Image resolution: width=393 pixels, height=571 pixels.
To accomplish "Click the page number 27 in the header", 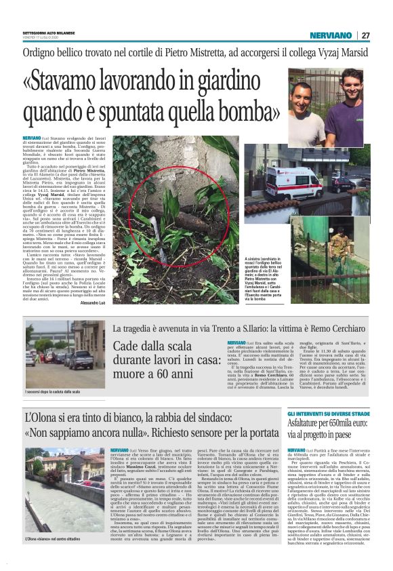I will (x=365, y=35).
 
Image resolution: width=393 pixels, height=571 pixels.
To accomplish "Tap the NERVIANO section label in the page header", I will (x=331, y=35).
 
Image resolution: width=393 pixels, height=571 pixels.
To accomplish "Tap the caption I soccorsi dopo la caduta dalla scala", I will (x=53, y=391).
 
